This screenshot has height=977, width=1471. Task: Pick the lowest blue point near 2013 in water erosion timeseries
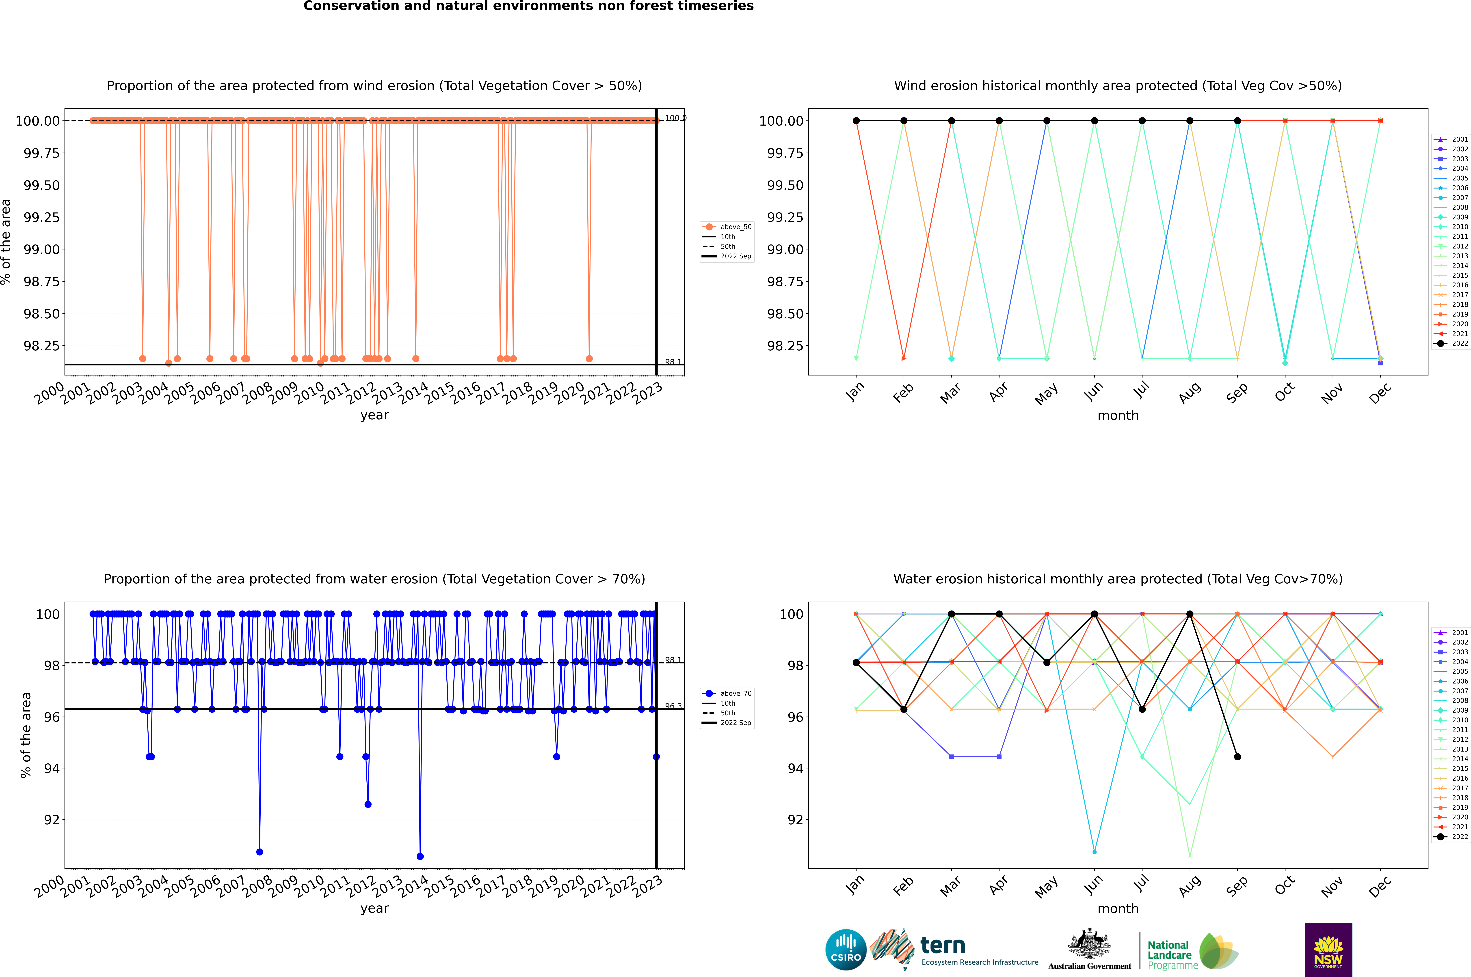(420, 856)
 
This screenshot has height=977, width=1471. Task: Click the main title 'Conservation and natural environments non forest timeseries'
(528, 6)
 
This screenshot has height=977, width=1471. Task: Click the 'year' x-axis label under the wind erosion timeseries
(374, 415)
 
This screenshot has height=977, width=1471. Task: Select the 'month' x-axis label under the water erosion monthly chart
(1117, 908)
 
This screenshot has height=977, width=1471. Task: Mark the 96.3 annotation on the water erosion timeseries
(673, 706)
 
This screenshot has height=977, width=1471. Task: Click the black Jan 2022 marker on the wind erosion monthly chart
(856, 121)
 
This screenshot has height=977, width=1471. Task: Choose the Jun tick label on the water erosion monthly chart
(1094, 885)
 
